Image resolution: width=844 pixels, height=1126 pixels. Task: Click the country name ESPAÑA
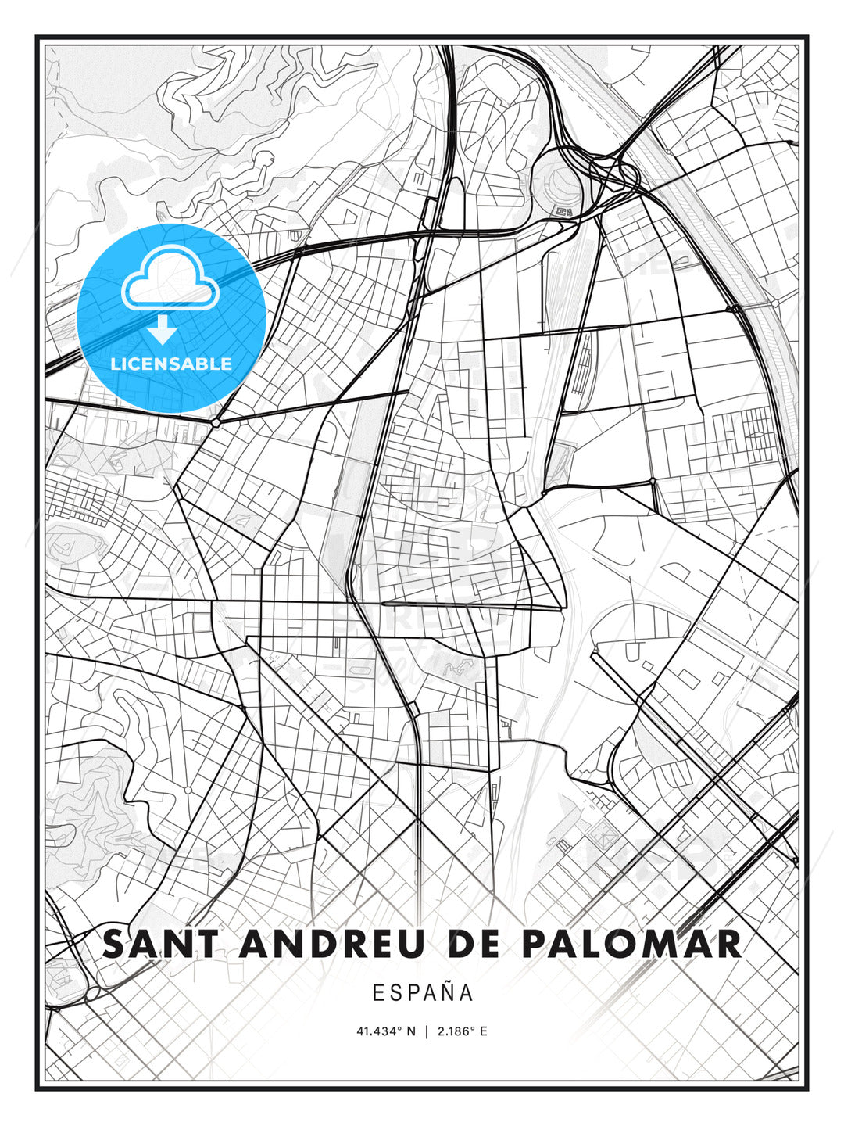(422, 993)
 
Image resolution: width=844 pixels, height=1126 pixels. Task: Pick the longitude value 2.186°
(457, 1031)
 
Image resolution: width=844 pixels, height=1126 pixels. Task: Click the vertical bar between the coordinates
(426, 1031)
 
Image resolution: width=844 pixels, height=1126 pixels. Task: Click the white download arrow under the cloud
(163, 329)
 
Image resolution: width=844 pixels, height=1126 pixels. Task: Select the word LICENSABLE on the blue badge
(171, 364)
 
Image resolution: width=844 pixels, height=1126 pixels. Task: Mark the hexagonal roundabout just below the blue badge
(215, 422)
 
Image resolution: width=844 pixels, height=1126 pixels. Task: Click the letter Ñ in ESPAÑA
(448, 992)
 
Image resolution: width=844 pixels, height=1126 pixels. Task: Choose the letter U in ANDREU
(409, 944)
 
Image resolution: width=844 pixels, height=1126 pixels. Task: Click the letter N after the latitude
(413, 1031)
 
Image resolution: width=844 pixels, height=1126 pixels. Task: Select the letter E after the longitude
(484, 1031)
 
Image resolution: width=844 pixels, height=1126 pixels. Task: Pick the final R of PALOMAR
(728, 944)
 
